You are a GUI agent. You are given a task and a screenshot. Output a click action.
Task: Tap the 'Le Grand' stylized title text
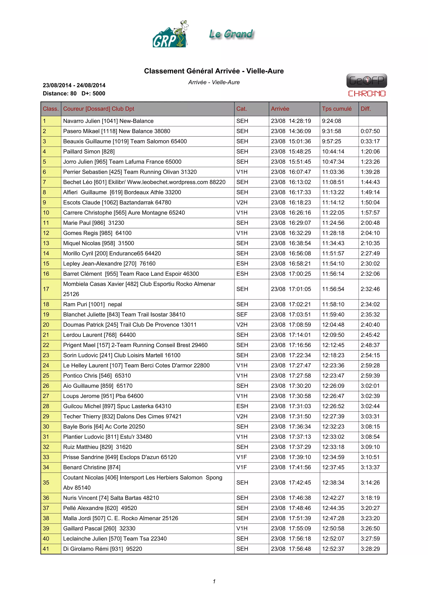pyautogui.click(x=231, y=34)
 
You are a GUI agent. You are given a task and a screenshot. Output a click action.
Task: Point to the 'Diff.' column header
pyautogui.click(x=366, y=109)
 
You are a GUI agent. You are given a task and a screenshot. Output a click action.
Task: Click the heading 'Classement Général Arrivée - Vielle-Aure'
pyautogui.click(x=214, y=71)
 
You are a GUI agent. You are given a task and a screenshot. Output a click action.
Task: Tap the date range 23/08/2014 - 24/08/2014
pyautogui.click(x=74, y=85)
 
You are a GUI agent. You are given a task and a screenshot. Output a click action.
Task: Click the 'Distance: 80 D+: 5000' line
pyautogui.click(x=74, y=94)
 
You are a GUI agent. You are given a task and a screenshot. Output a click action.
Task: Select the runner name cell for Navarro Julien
pyautogui.click(x=108, y=121)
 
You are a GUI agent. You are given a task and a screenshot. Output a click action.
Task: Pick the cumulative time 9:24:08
pyautogui.click(x=331, y=121)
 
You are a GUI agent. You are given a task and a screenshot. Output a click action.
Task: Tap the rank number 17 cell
pyautogui.click(x=46, y=289)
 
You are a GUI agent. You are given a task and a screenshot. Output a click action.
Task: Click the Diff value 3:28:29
pyautogui.click(x=370, y=549)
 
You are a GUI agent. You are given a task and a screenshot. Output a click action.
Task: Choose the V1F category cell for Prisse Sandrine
pyautogui.click(x=241, y=457)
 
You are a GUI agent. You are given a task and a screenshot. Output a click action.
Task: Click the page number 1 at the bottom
pyautogui.click(x=214, y=581)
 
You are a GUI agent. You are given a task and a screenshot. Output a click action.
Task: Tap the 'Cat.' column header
pyautogui.click(x=241, y=109)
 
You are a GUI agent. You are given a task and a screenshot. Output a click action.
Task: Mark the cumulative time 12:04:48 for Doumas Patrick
pyautogui.click(x=333, y=325)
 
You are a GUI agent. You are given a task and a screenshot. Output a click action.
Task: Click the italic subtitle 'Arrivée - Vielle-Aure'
pyautogui.click(x=214, y=82)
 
